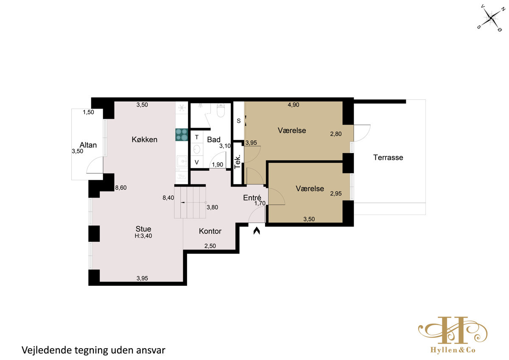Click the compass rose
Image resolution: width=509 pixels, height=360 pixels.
[x=491, y=18]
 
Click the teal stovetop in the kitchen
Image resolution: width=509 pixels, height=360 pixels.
[x=182, y=135]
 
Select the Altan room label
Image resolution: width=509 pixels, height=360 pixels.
[x=88, y=145]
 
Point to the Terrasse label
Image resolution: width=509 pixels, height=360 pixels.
[x=388, y=157]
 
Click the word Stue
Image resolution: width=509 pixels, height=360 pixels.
[x=143, y=229]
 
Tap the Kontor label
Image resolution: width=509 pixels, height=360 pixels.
[x=210, y=231]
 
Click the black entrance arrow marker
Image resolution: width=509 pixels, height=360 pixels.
[x=257, y=231]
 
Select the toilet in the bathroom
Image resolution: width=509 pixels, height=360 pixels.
[x=221, y=110]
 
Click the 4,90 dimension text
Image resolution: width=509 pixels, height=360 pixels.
[x=294, y=105]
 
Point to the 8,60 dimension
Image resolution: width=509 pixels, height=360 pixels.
[x=121, y=187]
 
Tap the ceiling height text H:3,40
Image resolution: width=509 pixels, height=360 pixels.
[x=143, y=236]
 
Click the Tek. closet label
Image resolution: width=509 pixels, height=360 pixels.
[x=237, y=162]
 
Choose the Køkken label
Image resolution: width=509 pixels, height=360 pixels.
[x=145, y=140]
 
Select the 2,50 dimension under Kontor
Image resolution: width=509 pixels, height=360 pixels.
[x=210, y=246]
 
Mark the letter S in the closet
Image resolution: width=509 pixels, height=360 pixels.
[x=238, y=121]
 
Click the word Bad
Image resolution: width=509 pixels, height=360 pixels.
[x=214, y=140]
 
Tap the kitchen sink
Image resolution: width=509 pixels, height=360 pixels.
[x=182, y=161]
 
